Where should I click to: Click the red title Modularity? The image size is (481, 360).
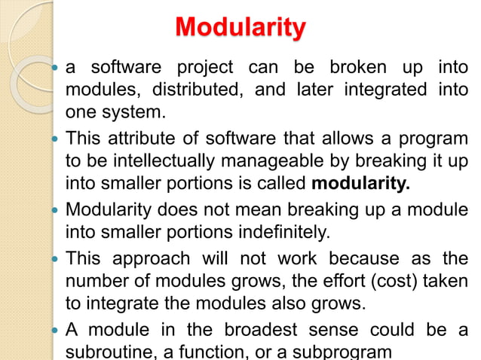(x=240, y=28)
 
